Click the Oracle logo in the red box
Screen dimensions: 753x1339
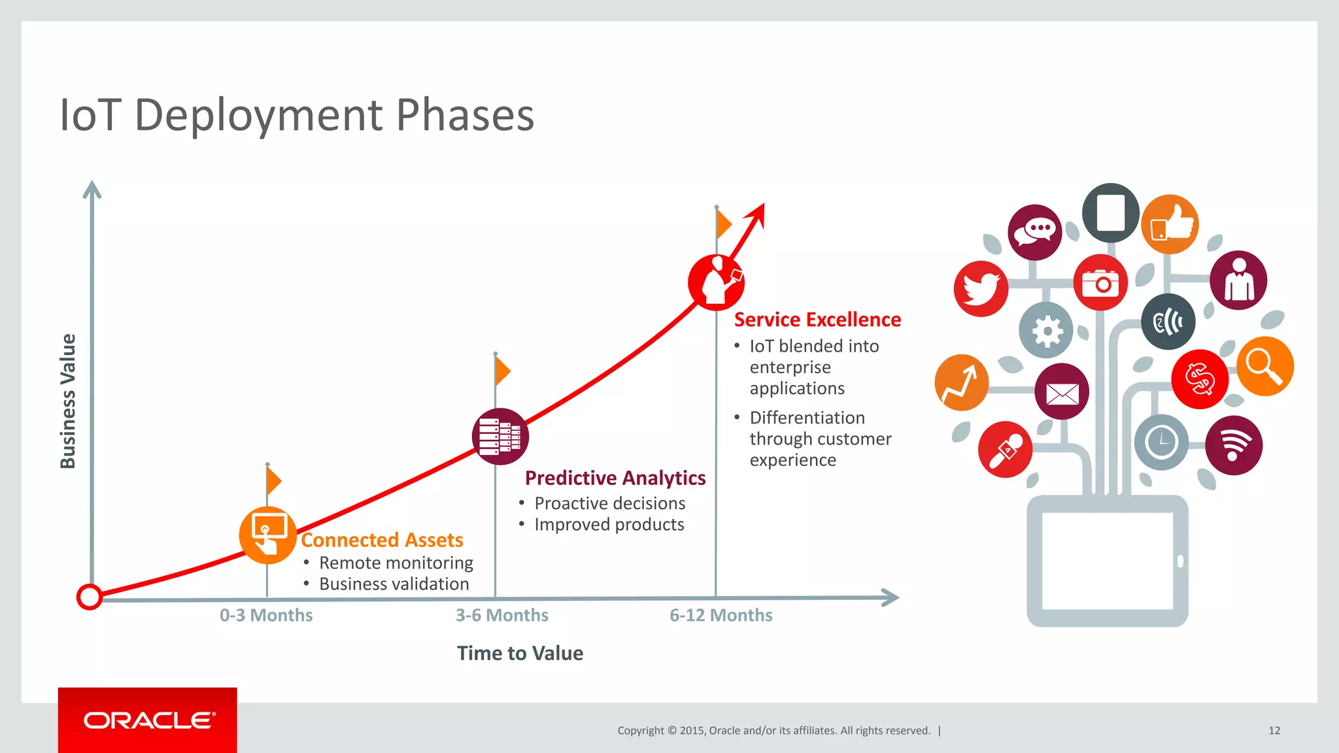148,720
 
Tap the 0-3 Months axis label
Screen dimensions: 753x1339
266,615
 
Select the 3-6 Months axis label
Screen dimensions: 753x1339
501,615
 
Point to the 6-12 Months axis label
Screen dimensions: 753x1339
720,615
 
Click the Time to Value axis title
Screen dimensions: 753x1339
520,653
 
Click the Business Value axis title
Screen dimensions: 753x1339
68,401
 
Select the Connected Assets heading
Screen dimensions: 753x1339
382,540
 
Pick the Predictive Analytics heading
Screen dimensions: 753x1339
615,478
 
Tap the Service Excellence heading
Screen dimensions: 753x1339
817,320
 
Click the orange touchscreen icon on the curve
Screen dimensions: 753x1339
268,535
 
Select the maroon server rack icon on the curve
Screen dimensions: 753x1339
500,436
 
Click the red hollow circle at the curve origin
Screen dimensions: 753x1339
90,596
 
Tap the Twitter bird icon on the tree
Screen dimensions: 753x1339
981,288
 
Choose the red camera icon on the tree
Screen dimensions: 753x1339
1100,283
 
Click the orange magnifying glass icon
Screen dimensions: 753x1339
1264,366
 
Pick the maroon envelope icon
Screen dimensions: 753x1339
1062,392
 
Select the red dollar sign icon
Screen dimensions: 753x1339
1200,379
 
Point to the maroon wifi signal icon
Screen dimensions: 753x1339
1233,445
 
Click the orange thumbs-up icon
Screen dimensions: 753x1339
1170,224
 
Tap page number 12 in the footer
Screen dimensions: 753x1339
1274,731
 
